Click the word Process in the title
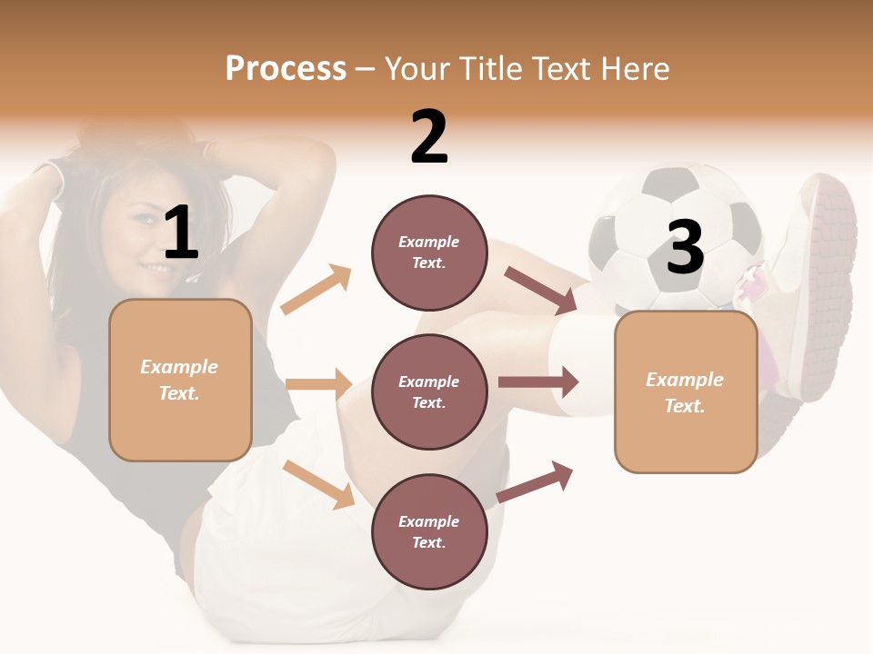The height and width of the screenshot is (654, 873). (286, 69)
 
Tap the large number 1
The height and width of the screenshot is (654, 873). (181, 233)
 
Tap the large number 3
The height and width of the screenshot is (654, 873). (685, 247)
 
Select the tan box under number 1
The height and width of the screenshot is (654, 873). (180, 380)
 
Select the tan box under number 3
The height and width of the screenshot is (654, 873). (686, 392)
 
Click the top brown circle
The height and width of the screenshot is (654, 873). (429, 252)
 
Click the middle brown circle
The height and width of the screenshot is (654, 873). (429, 391)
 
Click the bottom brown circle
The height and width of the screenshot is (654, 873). (429, 531)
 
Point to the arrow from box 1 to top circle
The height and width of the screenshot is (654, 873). (316, 290)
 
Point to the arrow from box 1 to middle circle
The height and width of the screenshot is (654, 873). (319, 384)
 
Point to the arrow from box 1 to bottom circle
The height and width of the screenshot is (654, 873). (319, 483)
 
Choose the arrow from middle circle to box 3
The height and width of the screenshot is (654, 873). (538, 382)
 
